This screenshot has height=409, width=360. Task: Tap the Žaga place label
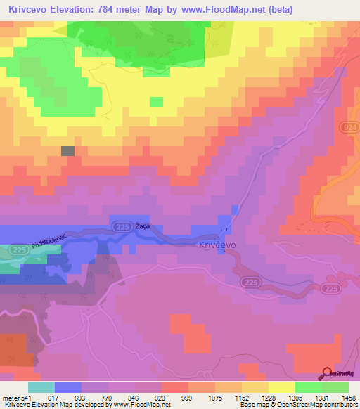click(143, 226)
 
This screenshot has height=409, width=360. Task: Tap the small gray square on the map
click(67, 150)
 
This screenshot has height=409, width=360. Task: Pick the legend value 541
click(26, 398)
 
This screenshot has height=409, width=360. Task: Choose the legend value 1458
click(349, 398)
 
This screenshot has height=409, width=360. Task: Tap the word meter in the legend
click(10, 398)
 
